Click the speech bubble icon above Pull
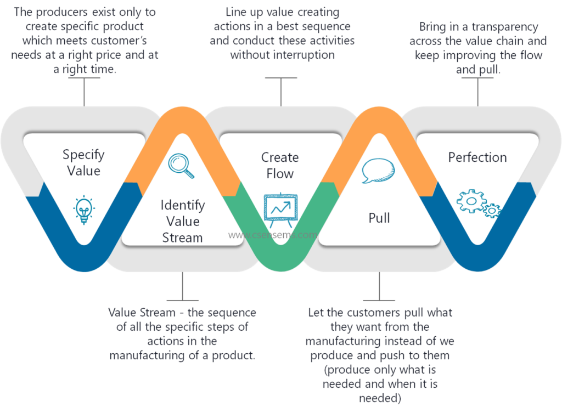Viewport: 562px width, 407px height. (378, 171)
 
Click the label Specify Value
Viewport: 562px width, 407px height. (83, 162)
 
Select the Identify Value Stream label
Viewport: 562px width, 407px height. (182, 222)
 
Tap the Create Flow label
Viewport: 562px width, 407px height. (280, 166)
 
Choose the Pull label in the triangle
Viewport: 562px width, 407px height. (379, 218)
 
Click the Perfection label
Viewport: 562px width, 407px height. (477, 157)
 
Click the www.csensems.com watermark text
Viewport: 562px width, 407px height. (273, 235)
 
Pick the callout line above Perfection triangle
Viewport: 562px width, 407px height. (477, 91)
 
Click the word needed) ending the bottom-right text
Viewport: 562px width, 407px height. (380, 398)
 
